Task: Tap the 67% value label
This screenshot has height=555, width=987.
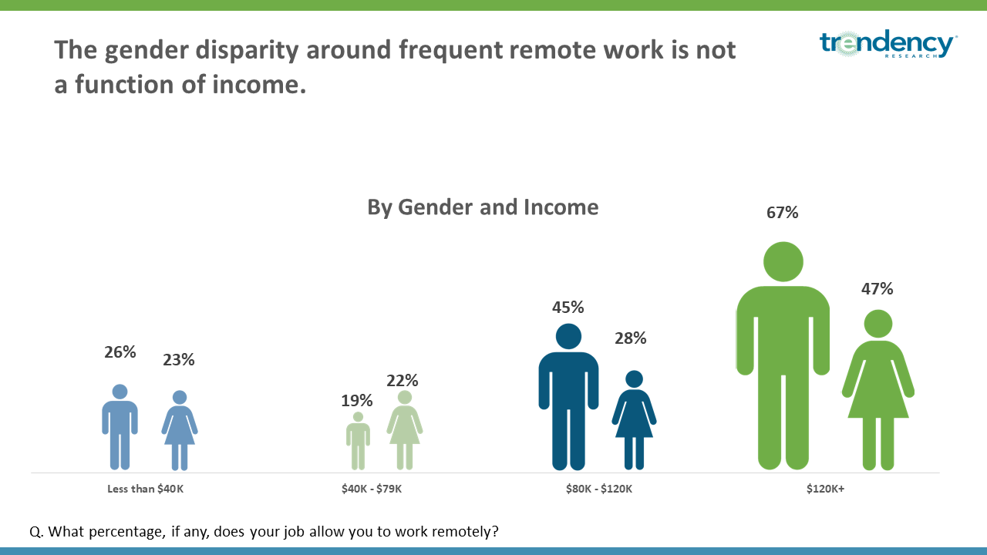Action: pyautogui.click(x=782, y=213)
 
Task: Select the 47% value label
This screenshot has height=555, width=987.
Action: pyautogui.click(x=877, y=289)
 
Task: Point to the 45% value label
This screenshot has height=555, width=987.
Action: pyautogui.click(x=568, y=308)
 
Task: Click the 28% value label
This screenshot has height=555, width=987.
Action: pyautogui.click(x=631, y=338)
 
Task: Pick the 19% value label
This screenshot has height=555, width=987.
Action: pyautogui.click(x=356, y=401)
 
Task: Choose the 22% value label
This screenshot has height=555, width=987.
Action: pyautogui.click(x=403, y=381)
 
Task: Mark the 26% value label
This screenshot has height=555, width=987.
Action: pyautogui.click(x=120, y=352)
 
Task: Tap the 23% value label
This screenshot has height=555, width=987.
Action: pyautogui.click(x=178, y=360)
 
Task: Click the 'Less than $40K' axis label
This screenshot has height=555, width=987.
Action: pyautogui.click(x=146, y=489)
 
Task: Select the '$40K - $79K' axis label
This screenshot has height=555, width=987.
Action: pyautogui.click(x=372, y=489)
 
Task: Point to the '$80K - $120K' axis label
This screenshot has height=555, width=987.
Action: pyautogui.click(x=599, y=489)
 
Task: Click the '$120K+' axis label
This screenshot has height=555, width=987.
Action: pyautogui.click(x=825, y=489)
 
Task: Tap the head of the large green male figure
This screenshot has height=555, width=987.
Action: pyautogui.click(x=783, y=261)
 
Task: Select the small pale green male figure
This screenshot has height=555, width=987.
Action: pyautogui.click(x=358, y=441)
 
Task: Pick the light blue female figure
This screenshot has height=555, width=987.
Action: pyautogui.click(x=180, y=430)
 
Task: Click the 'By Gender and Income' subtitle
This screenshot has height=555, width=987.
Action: pyautogui.click(x=483, y=207)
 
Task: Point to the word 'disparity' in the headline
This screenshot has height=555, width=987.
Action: pyautogui.click(x=248, y=51)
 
